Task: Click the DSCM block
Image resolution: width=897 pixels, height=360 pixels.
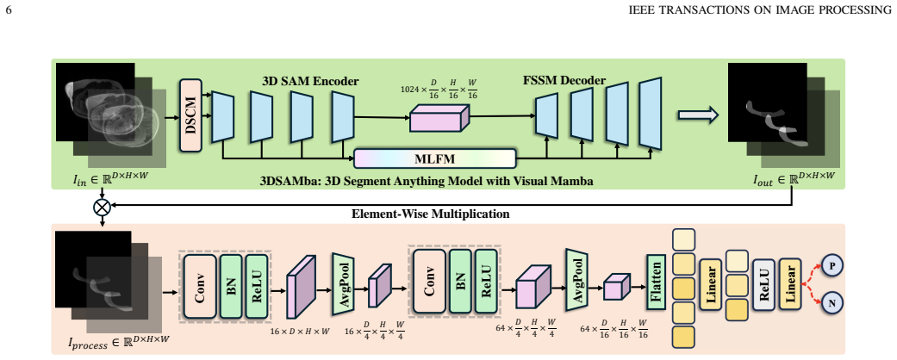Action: pyautogui.click(x=191, y=115)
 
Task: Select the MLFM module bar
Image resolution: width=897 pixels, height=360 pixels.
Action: pyautogui.click(x=435, y=158)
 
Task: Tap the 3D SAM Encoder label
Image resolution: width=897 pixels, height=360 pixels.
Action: pyautogui.click(x=310, y=81)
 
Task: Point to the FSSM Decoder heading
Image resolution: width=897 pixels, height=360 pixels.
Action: pyautogui.click(x=564, y=80)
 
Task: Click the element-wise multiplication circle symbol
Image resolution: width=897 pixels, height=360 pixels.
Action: pyautogui.click(x=102, y=207)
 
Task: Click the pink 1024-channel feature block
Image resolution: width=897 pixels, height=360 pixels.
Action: pyautogui.click(x=439, y=120)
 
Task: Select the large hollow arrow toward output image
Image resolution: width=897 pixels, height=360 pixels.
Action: pyautogui.click(x=698, y=115)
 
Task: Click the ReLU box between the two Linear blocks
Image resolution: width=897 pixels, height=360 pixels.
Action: pyautogui.click(x=763, y=284)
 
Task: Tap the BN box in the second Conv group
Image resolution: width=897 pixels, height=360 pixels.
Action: pyautogui.click(x=460, y=281)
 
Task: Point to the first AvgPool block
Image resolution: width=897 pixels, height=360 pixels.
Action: pyautogui.click(x=344, y=283)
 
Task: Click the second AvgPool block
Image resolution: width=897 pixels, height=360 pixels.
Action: pyautogui.click(x=576, y=279)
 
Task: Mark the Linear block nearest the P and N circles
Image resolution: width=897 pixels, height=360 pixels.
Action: pyautogui.click(x=790, y=284)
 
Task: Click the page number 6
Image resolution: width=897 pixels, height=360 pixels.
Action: pyautogui.click(x=8, y=9)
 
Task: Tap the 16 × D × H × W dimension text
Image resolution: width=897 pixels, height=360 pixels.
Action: pyautogui.click(x=301, y=331)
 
